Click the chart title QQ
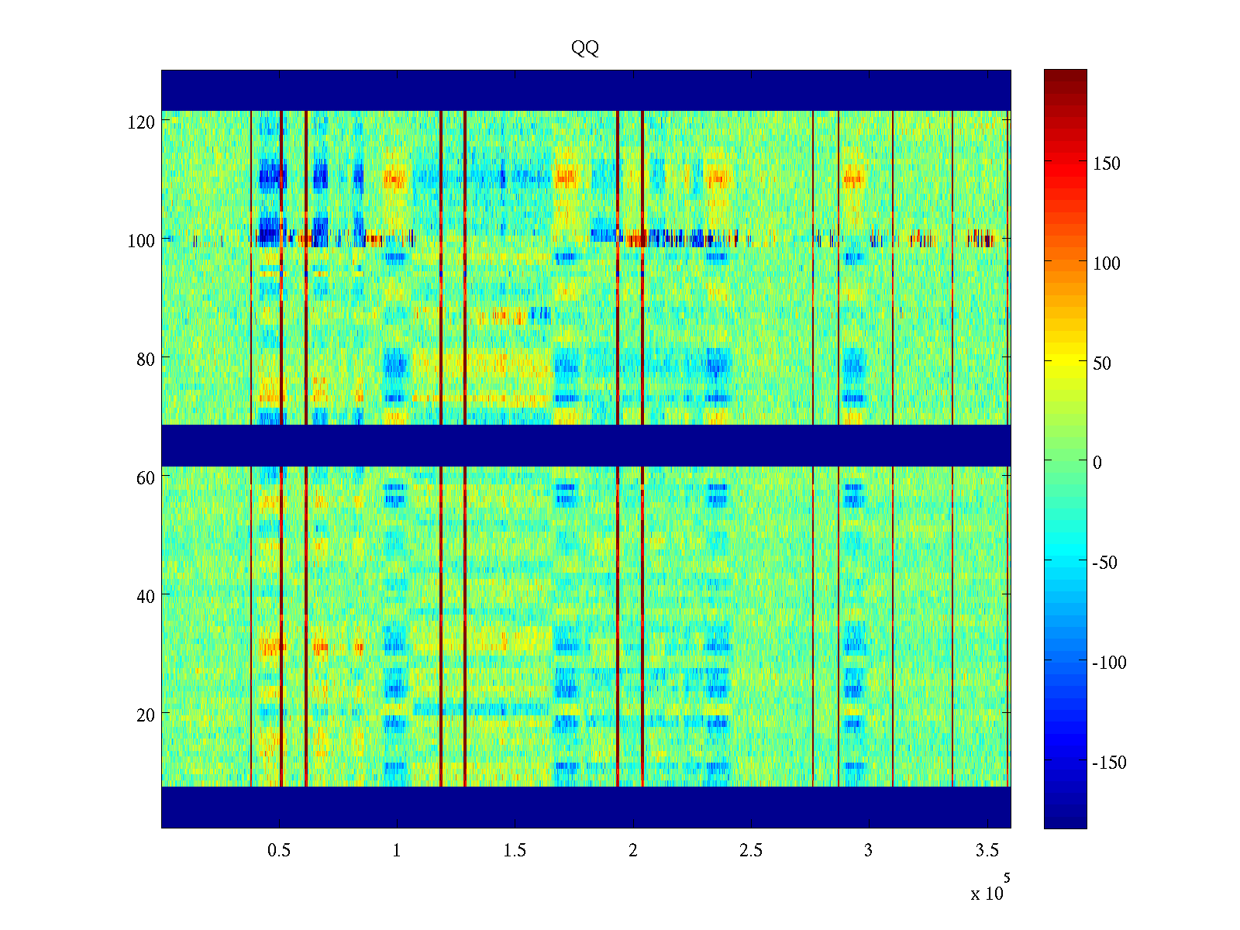click(585, 48)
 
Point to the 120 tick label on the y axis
click(141, 122)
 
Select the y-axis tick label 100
click(141, 240)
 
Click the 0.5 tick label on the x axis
click(279, 850)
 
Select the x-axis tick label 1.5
click(515, 850)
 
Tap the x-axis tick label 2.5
click(751, 850)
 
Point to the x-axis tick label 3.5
click(987, 850)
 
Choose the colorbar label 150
click(1107, 164)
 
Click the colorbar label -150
click(1110, 763)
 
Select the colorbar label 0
click(1097, 463)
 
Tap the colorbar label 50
click(1102, 363)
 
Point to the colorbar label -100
click(1110, 663)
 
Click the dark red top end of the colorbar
click(1065, 74)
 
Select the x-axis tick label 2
click(633, 850)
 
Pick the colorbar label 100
click(1107, 263)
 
